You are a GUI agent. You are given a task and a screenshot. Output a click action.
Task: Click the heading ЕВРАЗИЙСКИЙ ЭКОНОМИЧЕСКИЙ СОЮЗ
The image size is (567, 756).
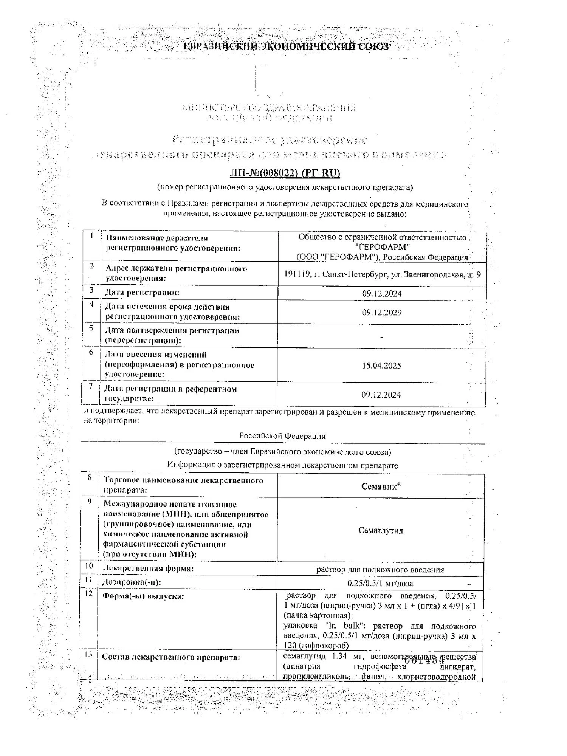point(285,46)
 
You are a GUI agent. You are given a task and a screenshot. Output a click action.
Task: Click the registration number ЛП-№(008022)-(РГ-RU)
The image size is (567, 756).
point(285,173)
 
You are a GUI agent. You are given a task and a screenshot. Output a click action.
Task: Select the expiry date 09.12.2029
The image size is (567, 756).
point(381,313)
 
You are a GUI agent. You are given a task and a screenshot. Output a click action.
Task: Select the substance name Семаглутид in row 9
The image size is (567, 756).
point(381,530)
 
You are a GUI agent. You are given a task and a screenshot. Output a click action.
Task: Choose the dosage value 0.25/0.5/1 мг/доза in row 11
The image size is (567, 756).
point(380,583)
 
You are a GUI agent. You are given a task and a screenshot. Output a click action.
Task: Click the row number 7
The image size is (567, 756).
point(91,386)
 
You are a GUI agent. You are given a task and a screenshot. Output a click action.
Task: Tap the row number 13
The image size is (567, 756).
point(88,654)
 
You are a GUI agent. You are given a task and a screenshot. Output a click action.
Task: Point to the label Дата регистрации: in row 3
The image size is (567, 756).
point(142,293)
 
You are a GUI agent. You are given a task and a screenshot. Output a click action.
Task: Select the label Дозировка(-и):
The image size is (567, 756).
point(132,582)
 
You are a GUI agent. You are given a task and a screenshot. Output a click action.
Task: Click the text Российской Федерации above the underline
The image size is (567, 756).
point(282,436)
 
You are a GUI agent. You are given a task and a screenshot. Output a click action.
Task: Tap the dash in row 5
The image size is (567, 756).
point(382,336)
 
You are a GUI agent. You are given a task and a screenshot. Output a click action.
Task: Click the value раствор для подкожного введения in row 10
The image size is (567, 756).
point(380,570)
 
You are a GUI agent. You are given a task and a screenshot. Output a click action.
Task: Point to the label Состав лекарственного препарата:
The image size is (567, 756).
point(171,657)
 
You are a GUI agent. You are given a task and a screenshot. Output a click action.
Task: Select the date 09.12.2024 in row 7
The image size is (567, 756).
point(381,395)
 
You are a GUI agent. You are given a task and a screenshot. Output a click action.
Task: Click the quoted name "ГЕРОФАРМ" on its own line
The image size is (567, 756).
point(383,247)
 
